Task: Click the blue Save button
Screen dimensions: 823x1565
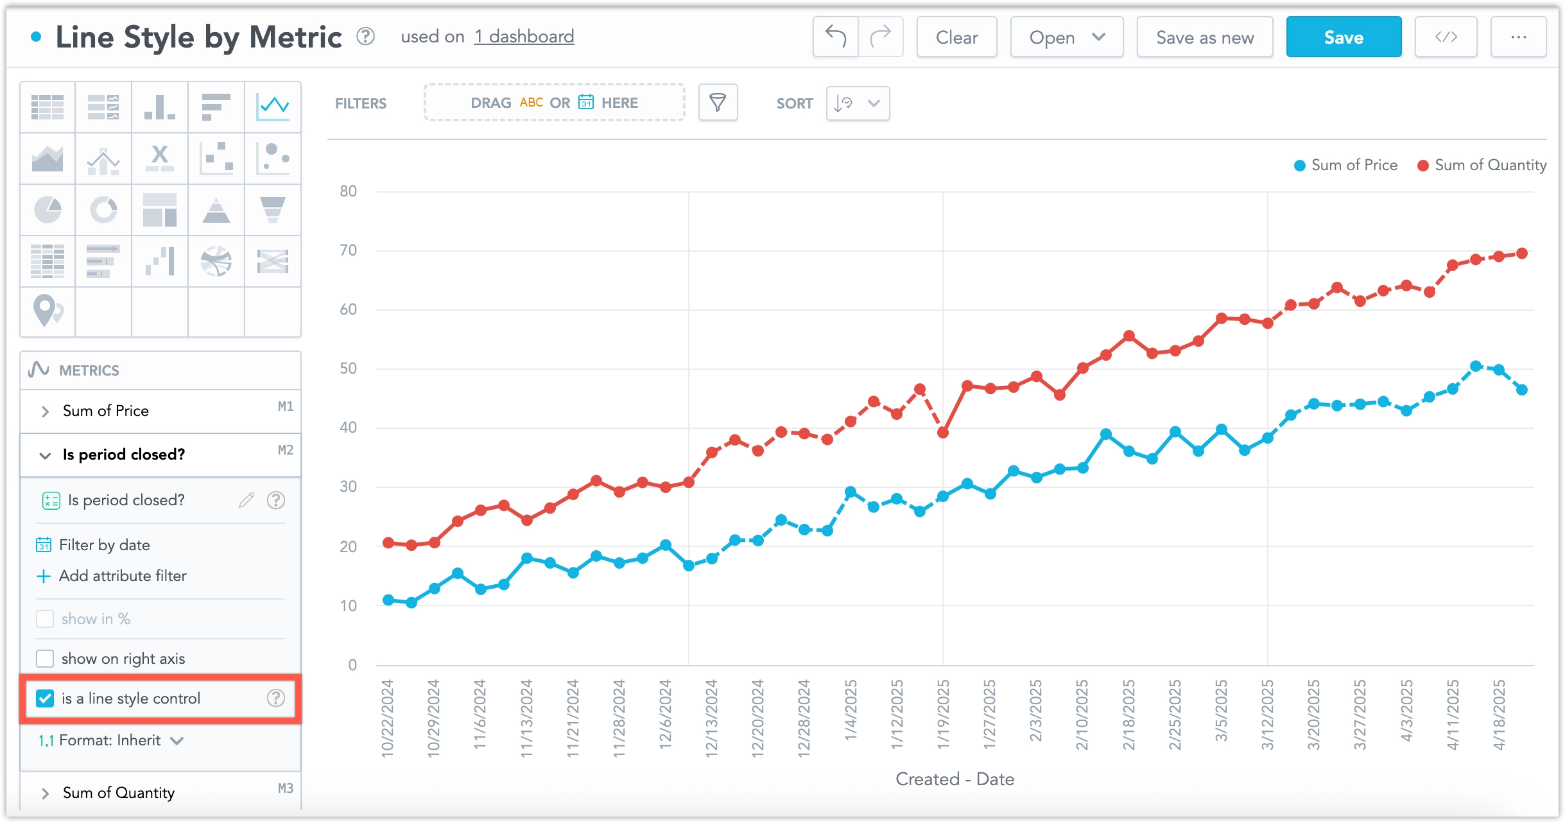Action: tap(1343, 37)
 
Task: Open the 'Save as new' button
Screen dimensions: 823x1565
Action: tap(1204, 37)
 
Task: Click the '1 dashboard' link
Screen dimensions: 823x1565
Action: tap(524, 37)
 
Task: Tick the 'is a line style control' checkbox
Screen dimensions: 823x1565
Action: tap(46, 698)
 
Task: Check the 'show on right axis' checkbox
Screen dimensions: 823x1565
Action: tap(46, 659)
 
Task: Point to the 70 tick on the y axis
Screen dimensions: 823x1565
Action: tap(348, 250)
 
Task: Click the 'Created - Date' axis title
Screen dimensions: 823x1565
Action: tap(955, 779)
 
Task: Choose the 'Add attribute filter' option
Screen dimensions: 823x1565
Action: tap(122, 576)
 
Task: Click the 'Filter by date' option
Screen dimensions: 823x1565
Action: tap(104, 545)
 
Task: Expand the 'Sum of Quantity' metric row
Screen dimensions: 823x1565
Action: tap(45, 793)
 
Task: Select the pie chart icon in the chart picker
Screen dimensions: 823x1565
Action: tap(48, 210)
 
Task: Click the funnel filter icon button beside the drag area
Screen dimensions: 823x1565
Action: tap(718, 103)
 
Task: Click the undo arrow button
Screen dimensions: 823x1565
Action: tap(835, 37)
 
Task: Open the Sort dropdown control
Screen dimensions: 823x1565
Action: tap(858, 103)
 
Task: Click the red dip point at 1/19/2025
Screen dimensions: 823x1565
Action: tap(943, 433)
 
